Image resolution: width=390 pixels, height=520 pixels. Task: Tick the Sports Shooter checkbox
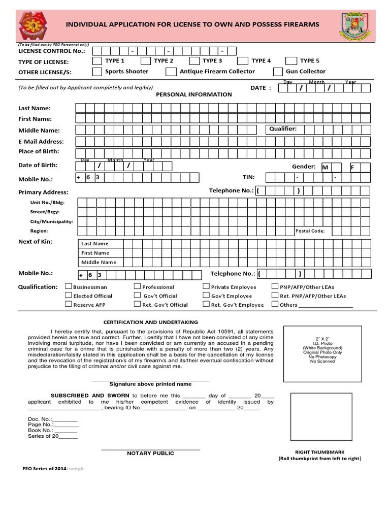pos(96,72)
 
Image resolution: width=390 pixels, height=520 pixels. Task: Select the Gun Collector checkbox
pos(278,72)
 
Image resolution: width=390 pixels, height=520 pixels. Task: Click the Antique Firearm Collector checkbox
pos(171,72)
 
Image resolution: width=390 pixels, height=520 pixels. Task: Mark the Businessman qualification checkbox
pos(69,286)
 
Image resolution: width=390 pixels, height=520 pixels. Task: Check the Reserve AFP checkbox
pos(69,304)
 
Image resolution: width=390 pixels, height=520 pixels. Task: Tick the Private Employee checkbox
pos(206,286)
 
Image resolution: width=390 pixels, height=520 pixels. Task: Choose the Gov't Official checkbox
pos(137,295)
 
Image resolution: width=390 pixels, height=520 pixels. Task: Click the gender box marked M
pos(325,167)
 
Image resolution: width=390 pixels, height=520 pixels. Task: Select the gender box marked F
pos(354,167)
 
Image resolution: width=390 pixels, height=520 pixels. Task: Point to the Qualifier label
pos(283,129)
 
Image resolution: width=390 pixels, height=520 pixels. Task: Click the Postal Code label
pos(310,231)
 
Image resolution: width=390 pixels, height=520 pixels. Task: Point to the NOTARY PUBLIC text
pos(150,453)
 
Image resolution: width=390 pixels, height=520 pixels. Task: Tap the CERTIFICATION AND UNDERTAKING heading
pos(151,322)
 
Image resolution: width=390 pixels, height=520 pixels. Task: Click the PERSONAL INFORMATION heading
pos(193,94)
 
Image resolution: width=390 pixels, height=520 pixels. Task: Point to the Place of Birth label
pos(39,151)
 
